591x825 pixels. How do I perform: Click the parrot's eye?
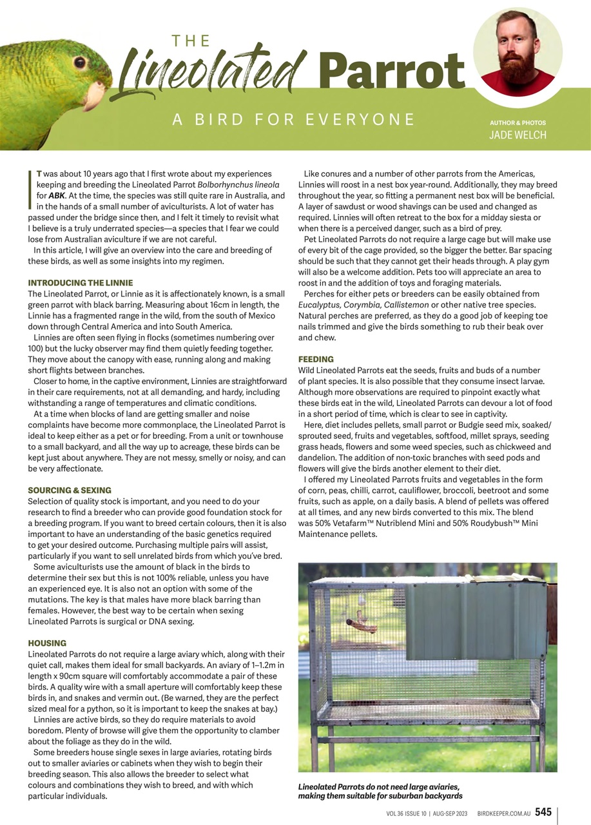click(x=80, y=63)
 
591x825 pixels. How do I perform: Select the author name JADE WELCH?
click(x=517, y=135)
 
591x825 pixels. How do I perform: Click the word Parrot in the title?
click(x=391, y=71)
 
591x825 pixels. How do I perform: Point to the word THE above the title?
click(x=191, y=41)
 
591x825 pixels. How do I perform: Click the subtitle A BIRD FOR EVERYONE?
click(x=293, y=119)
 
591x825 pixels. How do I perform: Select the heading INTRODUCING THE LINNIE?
click(x=81, y=283)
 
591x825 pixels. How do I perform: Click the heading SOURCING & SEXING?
click(x=70, y=490)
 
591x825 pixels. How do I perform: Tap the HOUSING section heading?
click(x=47, y=643)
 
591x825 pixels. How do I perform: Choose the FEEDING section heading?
click(x=316, y=359)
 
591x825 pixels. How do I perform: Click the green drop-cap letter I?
click(x=30, y=190)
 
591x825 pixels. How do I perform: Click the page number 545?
click(x=543, y=812)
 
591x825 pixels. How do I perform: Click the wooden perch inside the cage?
click(x=362, y=625)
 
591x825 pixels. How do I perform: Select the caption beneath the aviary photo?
click(x=380, y=791)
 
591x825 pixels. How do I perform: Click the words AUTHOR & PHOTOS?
click(x=518, y=122)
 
